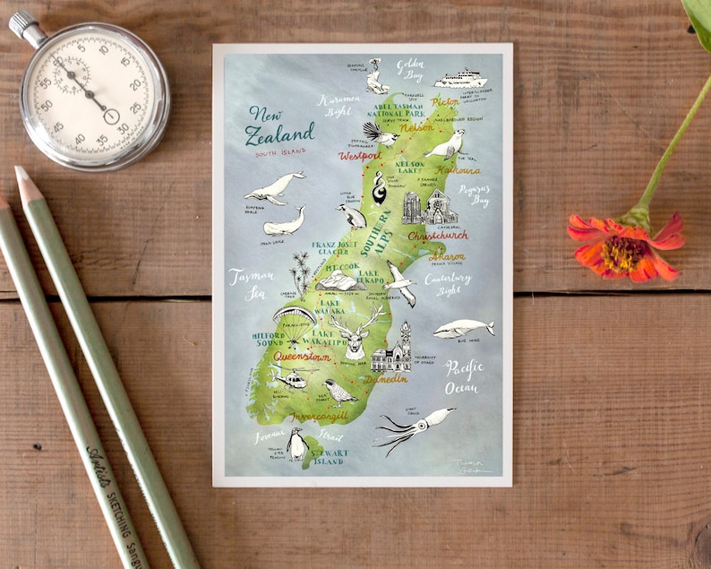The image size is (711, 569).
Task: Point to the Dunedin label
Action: tap(386, 378)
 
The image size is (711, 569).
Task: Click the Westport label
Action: tap(359, 156)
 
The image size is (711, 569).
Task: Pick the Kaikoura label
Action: tap(458, 168)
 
